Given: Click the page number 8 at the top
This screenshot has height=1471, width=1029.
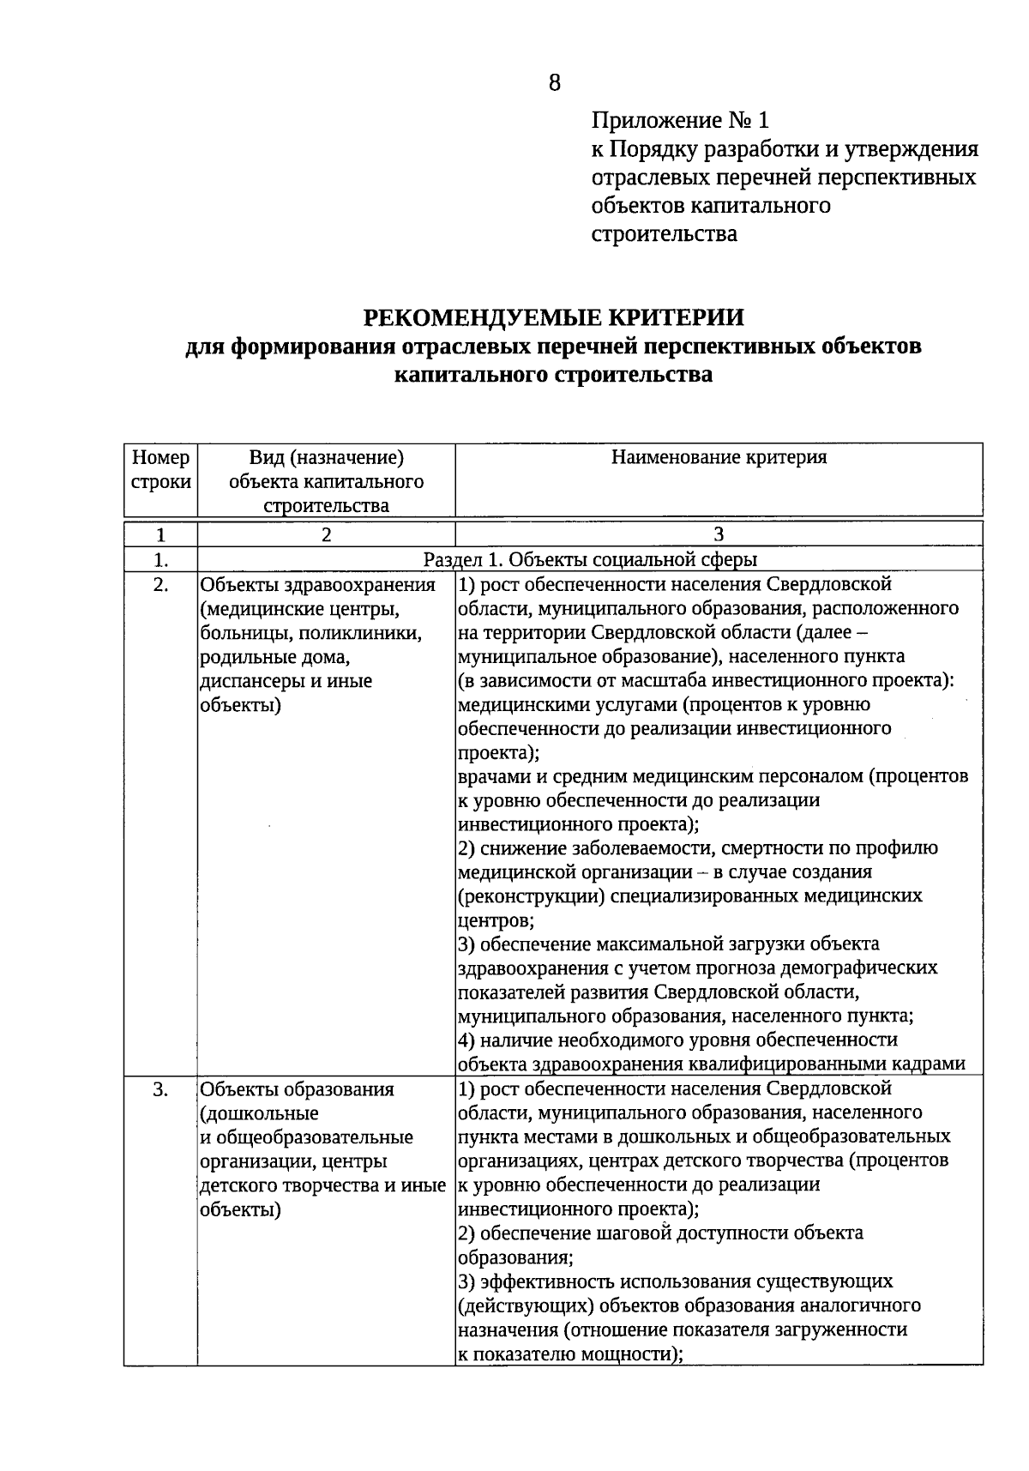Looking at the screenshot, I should [554, 82].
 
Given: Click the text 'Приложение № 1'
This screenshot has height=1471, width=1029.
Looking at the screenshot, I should [680, 120].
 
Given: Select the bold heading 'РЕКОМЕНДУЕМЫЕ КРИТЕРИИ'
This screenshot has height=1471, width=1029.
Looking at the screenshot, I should [554, 317].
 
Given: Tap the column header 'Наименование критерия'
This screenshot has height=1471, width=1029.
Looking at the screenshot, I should [719, 457].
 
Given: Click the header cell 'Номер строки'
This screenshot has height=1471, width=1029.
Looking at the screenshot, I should [160, 469].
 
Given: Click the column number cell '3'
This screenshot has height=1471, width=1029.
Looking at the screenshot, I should [719, 534].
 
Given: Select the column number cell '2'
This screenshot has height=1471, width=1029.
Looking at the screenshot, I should [326, 534].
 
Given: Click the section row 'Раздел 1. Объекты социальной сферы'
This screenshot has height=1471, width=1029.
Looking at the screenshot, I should [590, 560].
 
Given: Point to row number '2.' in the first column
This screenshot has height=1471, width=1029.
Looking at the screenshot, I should [160, 585].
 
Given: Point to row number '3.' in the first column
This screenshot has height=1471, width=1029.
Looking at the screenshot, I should [160, 1089].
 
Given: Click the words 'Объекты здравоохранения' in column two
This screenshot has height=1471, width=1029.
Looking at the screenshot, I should [317, 585].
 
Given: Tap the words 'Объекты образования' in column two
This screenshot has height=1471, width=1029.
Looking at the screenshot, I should [297, 1089].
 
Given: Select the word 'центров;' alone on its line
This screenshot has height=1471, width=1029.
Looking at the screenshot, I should [496, 920].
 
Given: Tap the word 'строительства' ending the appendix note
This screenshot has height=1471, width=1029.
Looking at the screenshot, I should [664, 233].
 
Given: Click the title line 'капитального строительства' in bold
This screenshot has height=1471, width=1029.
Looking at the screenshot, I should [554, 375].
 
